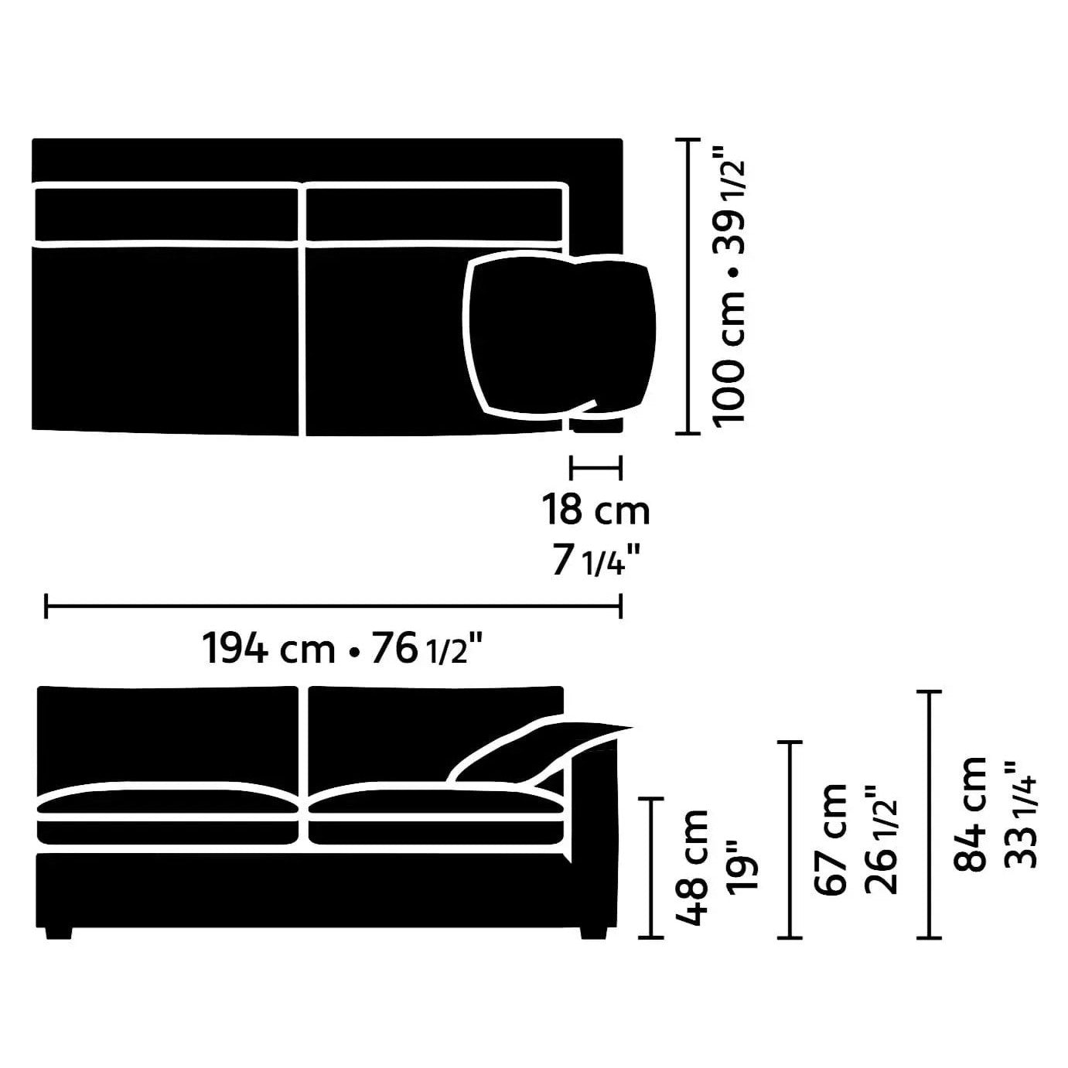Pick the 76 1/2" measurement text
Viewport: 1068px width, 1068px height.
[426, 647]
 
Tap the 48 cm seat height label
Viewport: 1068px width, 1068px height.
[691, 868]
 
